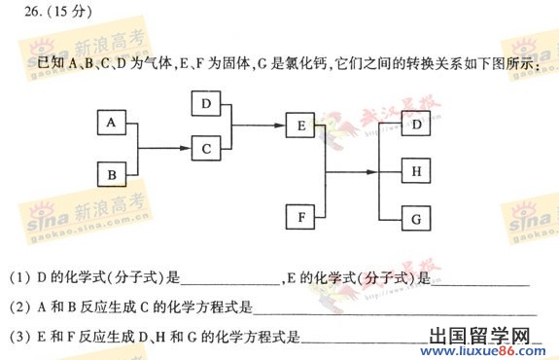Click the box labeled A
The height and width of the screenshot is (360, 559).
(112, 124)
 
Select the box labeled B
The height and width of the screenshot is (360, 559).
(112, 175)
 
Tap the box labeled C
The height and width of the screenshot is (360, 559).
(206, 149)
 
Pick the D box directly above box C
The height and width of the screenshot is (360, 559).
(206, 103)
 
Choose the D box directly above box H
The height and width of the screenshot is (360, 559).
(416, 126)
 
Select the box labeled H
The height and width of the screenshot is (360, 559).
(416, 172)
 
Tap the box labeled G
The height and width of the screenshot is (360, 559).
(416, 218)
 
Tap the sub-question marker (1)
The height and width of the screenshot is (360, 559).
(18, 278)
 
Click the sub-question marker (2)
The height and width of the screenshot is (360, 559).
(18, 308)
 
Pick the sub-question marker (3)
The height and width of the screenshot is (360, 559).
(18, 338)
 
